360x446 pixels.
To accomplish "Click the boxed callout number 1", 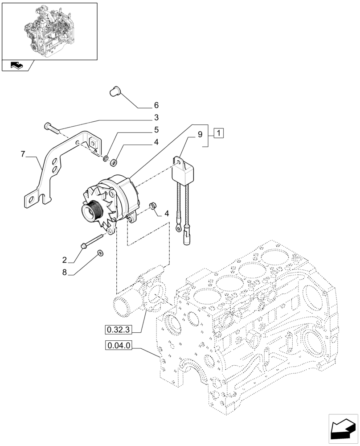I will click(219, 133).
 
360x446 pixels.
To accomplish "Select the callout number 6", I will click(156, 106).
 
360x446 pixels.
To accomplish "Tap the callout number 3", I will click(156, 118).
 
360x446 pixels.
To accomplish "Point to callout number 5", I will click(156, 130).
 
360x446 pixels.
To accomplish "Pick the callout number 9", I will click(200, 133).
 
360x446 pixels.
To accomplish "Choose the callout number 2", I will click(65, 260).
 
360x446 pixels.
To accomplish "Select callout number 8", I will click(65, 272).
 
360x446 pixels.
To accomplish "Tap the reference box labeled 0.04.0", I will click(119, 345).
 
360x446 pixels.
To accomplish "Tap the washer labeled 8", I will click(100, 253).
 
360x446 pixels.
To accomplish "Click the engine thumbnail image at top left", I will click(49, 31).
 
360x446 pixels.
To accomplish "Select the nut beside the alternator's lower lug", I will click(152, 205).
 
